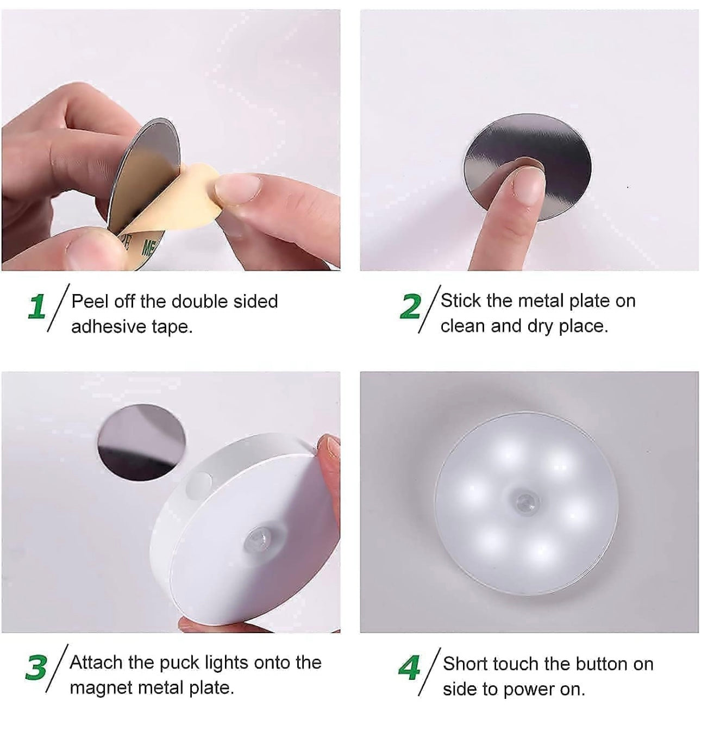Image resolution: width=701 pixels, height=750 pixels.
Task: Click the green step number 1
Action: [x=36, y=307]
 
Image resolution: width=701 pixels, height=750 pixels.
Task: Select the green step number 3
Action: [x=36, y=668]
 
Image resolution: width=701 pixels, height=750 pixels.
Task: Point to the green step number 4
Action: [x=409, y=668]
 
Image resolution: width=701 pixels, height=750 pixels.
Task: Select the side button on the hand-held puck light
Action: [x=200, y=482]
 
